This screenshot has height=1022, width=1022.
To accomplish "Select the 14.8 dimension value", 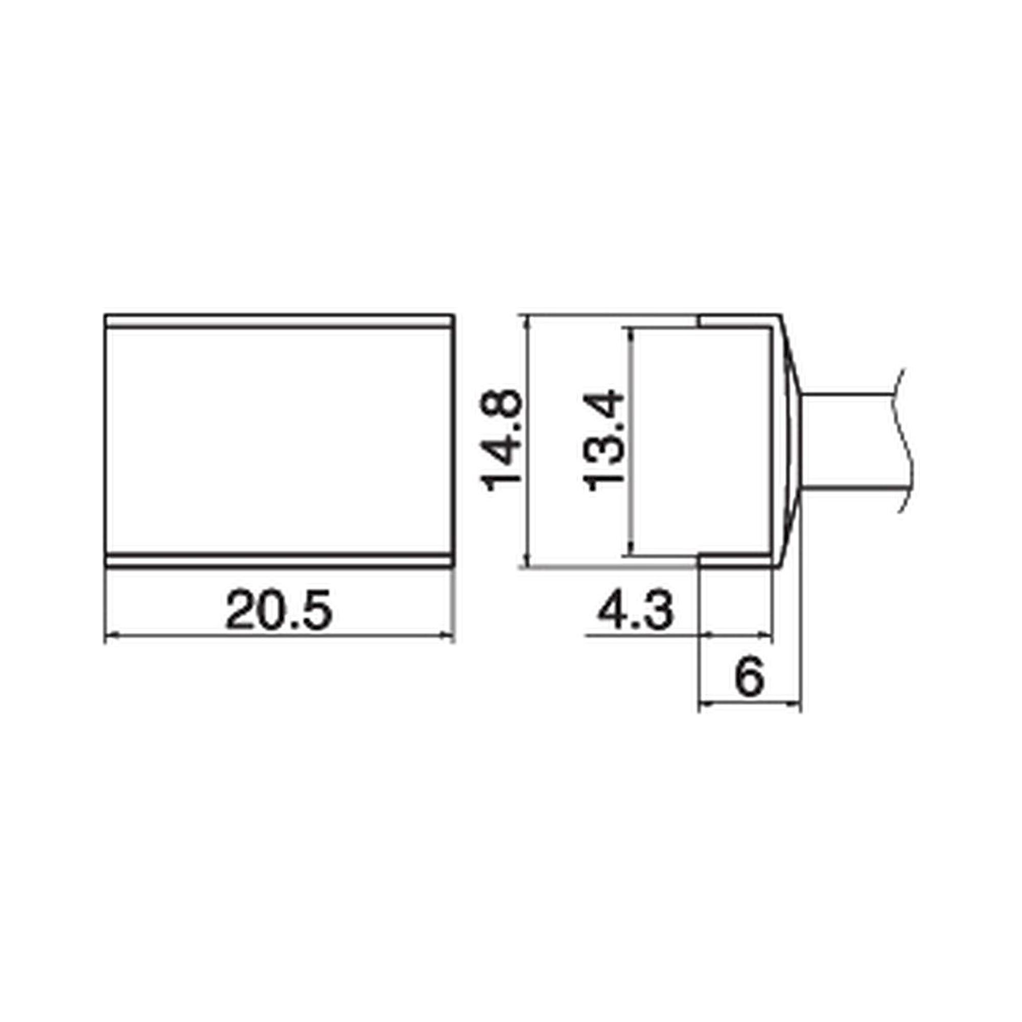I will [500, 440].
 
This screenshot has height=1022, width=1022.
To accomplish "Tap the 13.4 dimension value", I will [603, 440].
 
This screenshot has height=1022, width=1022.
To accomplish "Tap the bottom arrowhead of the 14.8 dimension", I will [526, 562].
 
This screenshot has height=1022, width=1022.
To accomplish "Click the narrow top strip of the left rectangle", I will [279, 321].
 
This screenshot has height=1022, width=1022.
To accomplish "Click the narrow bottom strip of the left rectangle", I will [279, 561].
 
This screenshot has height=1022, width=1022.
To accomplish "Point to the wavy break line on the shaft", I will [905, 440].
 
